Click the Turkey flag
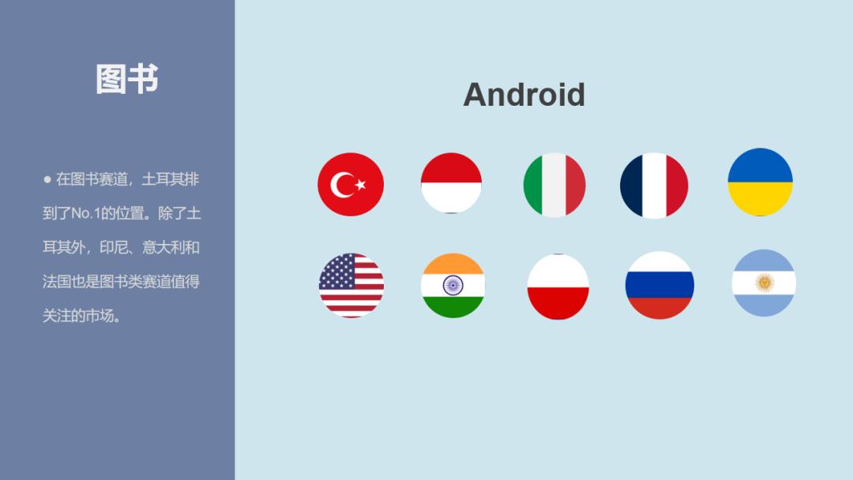(x=351, y=184)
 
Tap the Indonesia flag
(x=451, y=182)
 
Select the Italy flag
(x=554, y=185)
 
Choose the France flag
(x=654, y=186)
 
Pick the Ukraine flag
(x=760, y=182)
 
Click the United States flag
(x=351, y=285)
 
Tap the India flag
(x=453, y=285)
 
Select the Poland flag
(x=558, y=287)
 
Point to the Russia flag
(x=659, y=285)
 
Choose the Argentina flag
(x=764, y=283)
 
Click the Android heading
(x=524, y=95)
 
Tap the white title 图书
(x=126, y=79)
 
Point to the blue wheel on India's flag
(x=453, y=285)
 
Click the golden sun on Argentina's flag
(x=765, y=283)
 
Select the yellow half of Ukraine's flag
(x=760, y=199)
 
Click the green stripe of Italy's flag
(x=533, y=185)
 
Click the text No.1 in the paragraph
(x=85, y=213)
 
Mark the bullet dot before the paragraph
(x=47, y=179)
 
